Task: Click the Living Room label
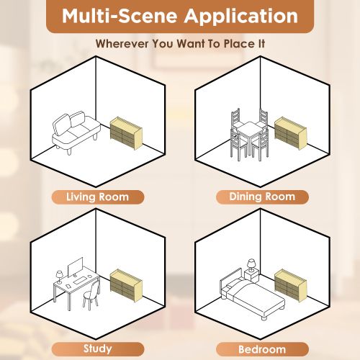tap(97, 197)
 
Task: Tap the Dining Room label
tap(262, 197)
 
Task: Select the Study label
tap(97, 348)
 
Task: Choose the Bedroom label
tap(262, 348)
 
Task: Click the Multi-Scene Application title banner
tap(180, 16)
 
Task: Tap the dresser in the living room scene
tap(125, 130)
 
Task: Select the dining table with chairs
tap(249, 133)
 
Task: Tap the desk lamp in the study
tap(59, 275)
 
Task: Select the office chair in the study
tap(89, 296)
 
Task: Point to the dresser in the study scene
tap(125, 284)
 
